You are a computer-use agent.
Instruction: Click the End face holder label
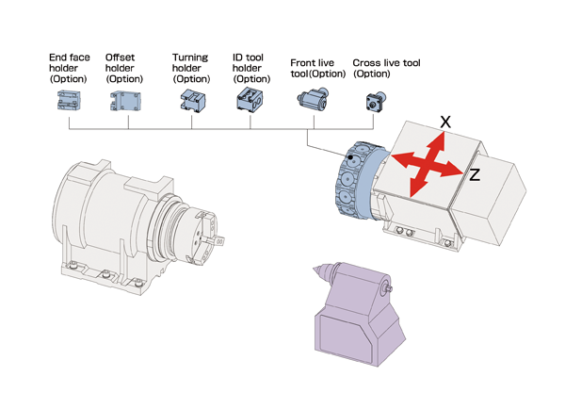point(70,69)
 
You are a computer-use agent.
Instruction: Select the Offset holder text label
point(124,69)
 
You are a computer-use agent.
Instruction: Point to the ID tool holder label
point(251,68)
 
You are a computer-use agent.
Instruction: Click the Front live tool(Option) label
point(318,68)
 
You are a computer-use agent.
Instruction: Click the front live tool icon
point(312,98)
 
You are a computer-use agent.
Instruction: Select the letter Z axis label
point(475,175)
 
